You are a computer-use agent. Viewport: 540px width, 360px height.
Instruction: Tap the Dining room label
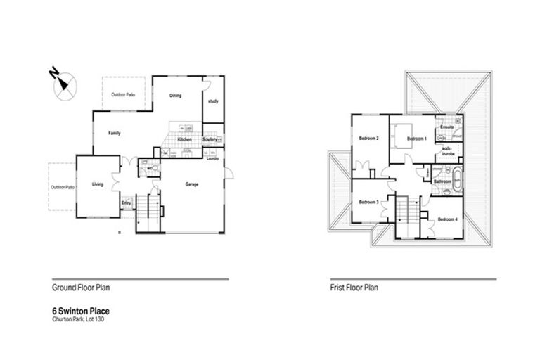tap(176, 97)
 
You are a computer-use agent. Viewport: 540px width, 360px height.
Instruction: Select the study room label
tap(213, 101)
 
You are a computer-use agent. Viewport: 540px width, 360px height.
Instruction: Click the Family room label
tap(115, 132)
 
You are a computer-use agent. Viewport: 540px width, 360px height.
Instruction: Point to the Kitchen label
tap(184, 140)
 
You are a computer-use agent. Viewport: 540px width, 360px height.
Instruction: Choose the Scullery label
tap(210, 140)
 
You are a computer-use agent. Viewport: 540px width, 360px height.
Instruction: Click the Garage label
tap(191, 184)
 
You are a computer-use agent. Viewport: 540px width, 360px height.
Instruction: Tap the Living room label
tap(98, 184)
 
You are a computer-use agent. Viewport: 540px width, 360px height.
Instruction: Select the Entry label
tap(126, 203)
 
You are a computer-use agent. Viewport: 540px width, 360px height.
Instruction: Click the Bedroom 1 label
tap(417, 139)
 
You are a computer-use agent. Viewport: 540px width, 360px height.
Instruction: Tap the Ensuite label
tap(446, 127)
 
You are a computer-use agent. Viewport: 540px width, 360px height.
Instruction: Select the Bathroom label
tap(442, 181)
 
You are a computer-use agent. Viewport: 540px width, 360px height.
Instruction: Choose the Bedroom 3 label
tap(368, 202)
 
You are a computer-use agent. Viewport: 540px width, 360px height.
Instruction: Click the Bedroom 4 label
tap(447, 219)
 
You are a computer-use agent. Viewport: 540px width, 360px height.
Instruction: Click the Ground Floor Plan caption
tap(81, 288)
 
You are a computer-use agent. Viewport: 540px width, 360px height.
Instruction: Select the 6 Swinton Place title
tap(81, 310)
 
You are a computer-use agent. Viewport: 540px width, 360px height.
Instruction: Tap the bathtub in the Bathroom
tap(458, 177)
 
